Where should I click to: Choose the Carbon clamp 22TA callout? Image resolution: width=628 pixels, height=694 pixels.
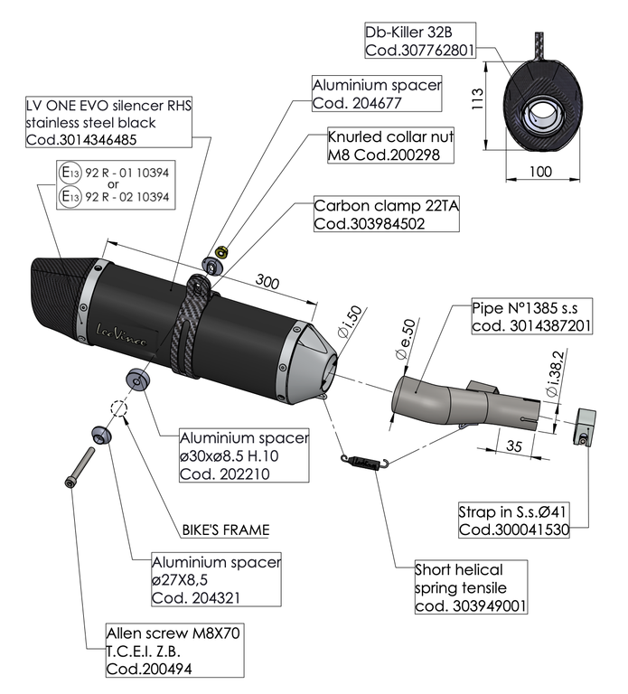coord(387,215)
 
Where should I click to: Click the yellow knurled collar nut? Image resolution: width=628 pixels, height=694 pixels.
coord(224,251)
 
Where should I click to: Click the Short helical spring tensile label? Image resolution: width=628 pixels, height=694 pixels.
coord(471,587)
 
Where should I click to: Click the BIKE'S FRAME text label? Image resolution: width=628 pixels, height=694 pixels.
coord(222,530)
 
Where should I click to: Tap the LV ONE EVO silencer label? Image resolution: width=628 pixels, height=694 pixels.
coord(108,123)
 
